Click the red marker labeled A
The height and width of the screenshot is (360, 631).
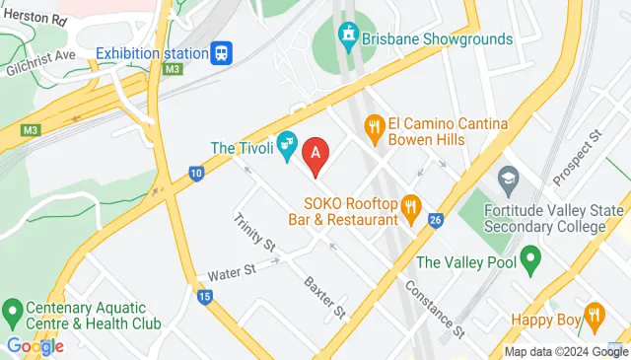(315, 155)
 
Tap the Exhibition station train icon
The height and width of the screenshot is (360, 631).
(222, 52)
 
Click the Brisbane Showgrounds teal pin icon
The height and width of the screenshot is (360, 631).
(347, 38)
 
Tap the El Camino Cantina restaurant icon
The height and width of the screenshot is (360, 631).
(374, 125)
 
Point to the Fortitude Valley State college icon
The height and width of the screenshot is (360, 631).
(508, 179)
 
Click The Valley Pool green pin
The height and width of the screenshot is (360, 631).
(530, 262)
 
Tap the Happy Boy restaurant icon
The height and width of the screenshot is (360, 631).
(594, 317)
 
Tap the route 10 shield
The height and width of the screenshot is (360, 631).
(197, 175)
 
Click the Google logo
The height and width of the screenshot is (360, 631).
(35, 345)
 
